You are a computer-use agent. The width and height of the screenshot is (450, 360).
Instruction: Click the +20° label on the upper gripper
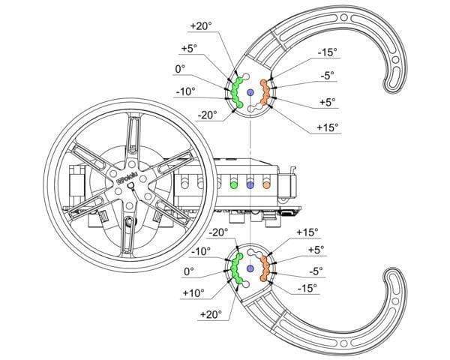click(x=201, y=25)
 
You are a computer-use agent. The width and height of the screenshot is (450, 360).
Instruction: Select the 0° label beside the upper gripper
click(x=180, y=69)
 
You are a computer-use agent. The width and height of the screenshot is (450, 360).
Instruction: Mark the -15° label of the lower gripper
click(x=306, y=289)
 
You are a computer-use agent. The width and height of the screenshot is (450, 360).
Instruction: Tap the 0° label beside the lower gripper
click(x=187, y=271)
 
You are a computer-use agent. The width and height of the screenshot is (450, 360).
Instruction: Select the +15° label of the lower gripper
click(x=308, y=232)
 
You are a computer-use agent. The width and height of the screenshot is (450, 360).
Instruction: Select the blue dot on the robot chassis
click(x=250, y=184)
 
